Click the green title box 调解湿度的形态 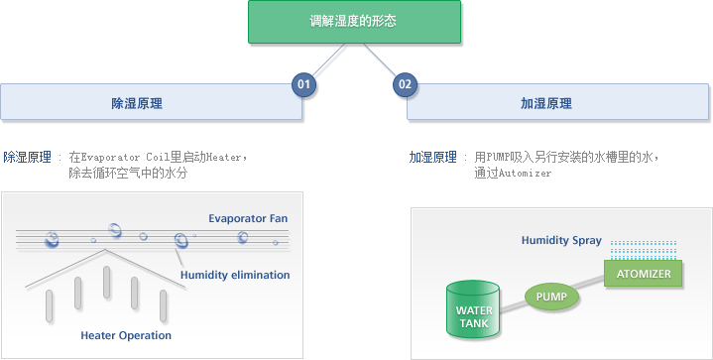[x=353, y=21]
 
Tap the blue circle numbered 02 [x=404, y=84]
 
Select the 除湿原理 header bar [x=151, y=103]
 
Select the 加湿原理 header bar [x=559, y=103]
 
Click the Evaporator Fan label [x=248, y=218]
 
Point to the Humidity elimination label [x=235, y=275]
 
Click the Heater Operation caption [x=126, y=335]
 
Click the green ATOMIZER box [x=642, y=273]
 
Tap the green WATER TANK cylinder [x=474, y=311]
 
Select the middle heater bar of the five [x=106, y=282]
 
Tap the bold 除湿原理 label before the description [x=28, y=157]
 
